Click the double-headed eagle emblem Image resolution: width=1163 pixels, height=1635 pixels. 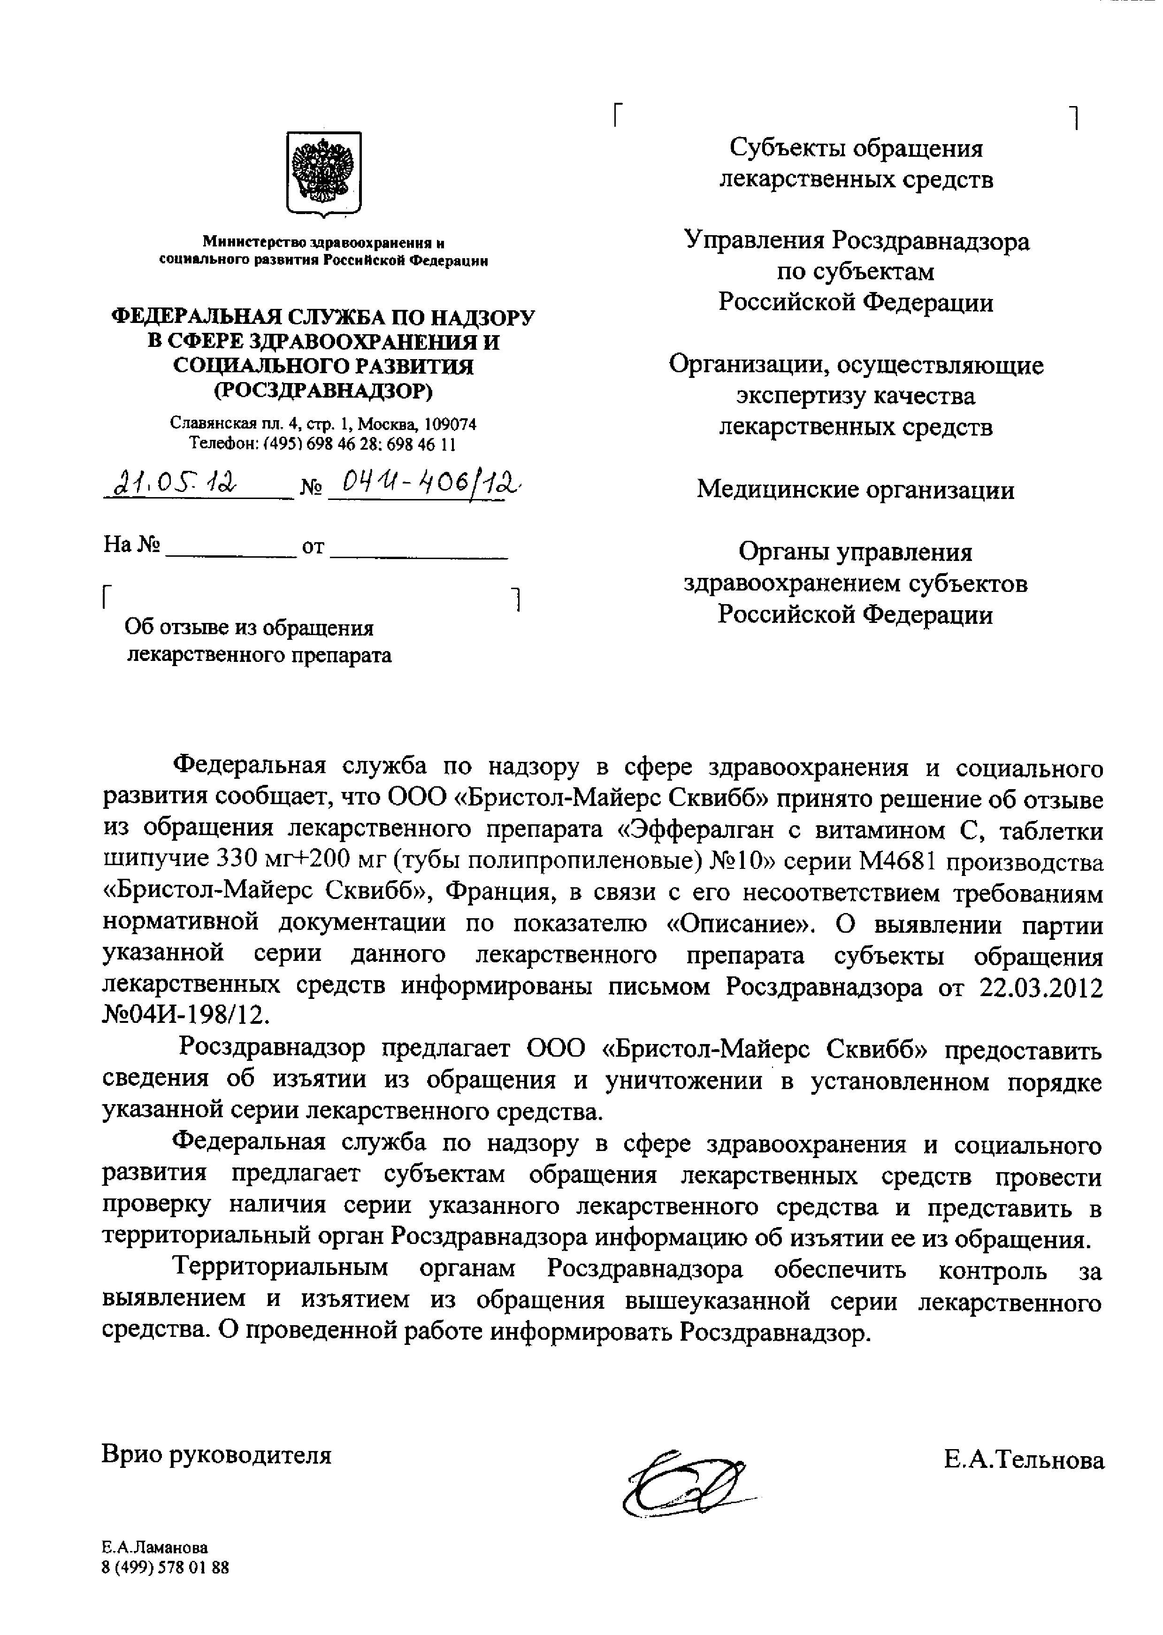(x=324, y=172)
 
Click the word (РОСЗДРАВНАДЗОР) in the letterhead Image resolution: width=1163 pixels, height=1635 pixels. (x=324, y=391)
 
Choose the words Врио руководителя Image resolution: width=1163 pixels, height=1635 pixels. (x=217, y=1455)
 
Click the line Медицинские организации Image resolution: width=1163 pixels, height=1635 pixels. (x=856, y=490)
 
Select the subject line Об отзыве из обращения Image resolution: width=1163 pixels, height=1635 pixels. (x=249, y=628)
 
